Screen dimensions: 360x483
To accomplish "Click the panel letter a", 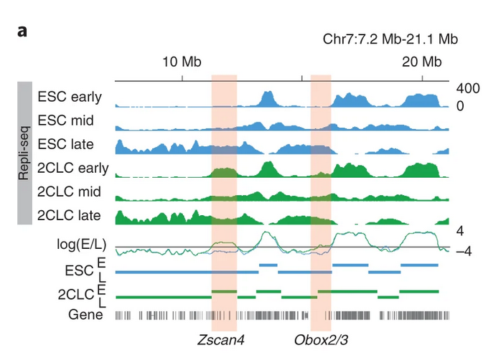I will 22,32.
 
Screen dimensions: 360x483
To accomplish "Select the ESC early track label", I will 70,96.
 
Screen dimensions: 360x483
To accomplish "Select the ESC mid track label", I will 65,120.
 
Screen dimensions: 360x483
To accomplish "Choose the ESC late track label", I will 66,144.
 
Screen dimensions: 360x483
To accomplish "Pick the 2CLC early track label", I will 72,168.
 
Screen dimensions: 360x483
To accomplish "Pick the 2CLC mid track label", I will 70,191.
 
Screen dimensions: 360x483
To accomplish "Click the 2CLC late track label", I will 69,215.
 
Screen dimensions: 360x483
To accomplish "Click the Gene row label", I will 85,314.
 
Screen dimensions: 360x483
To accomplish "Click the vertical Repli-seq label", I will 24,153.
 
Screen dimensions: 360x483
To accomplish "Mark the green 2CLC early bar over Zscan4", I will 225,290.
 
